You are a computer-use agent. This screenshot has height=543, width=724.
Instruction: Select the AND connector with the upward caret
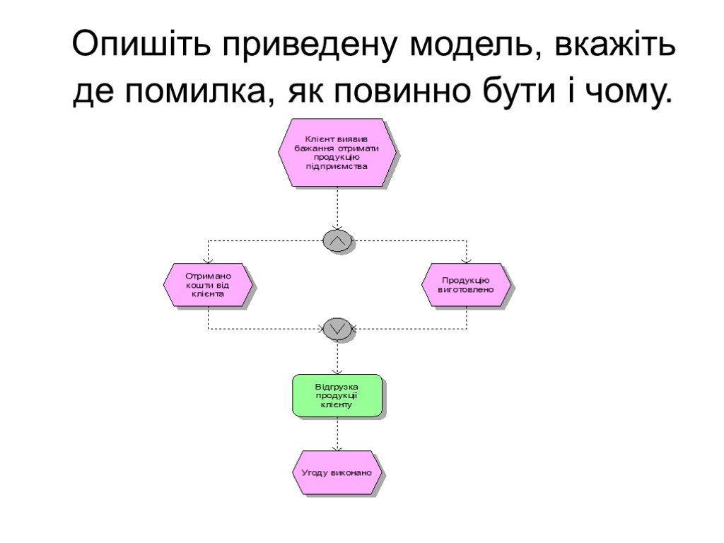[337, 241]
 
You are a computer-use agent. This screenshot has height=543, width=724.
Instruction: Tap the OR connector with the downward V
[337, 328]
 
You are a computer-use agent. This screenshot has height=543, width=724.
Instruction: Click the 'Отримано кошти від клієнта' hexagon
[208, 285]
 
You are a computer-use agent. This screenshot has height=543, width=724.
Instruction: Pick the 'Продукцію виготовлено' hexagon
[467, 285]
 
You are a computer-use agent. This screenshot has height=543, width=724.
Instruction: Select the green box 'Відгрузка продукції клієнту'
[337, 396]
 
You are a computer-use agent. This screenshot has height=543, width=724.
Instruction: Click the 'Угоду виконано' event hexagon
[337, 472]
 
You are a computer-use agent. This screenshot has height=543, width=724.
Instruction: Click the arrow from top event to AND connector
[337, 209]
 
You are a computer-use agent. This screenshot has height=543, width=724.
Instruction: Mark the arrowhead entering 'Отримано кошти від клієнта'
[208, 259]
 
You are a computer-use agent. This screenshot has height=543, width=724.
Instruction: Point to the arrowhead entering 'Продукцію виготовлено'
[467, 259]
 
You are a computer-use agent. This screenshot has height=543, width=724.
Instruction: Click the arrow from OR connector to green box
[337, 357]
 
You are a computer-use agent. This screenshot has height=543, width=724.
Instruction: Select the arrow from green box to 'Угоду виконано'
[337, 435]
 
